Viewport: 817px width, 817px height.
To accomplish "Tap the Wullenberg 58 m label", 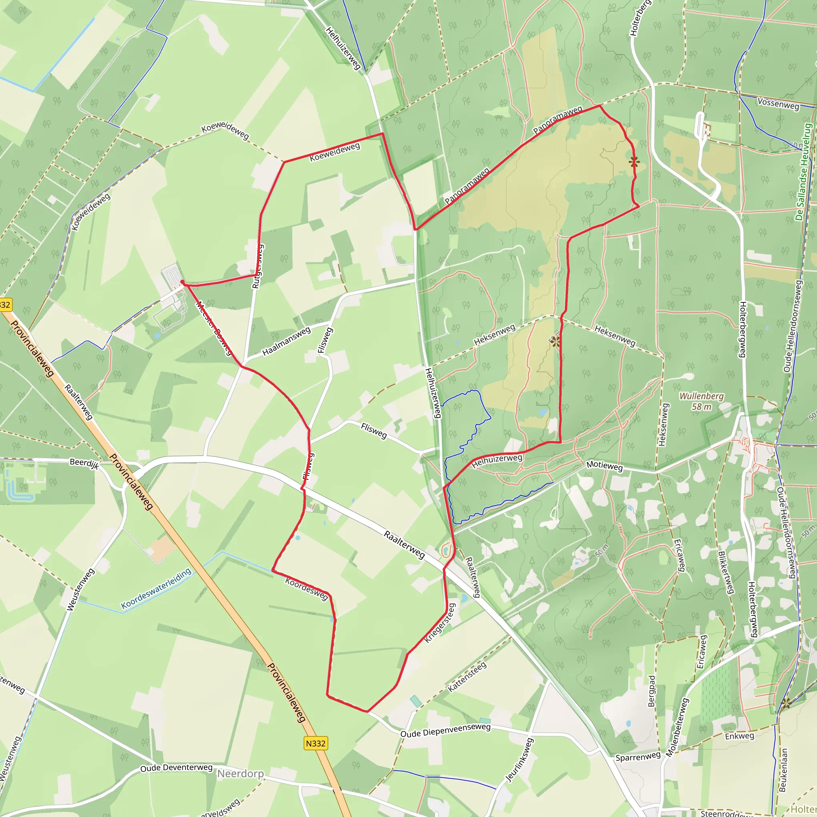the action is point(702,401).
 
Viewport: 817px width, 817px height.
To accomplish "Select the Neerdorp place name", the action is point(241,774).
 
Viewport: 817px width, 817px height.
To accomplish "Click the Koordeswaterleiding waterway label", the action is point(156,589).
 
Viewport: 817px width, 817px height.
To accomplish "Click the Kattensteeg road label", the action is point(467,677).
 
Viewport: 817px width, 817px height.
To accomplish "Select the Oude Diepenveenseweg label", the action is point(445,730).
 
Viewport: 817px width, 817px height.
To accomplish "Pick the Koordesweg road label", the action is point(307,589).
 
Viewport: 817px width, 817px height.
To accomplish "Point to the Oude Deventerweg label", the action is point(176,768).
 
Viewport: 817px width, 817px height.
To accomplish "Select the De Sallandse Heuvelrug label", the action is point(803,171).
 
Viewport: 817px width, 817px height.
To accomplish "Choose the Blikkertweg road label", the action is point(726,572).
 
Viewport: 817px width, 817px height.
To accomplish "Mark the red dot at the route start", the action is point(182,282).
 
